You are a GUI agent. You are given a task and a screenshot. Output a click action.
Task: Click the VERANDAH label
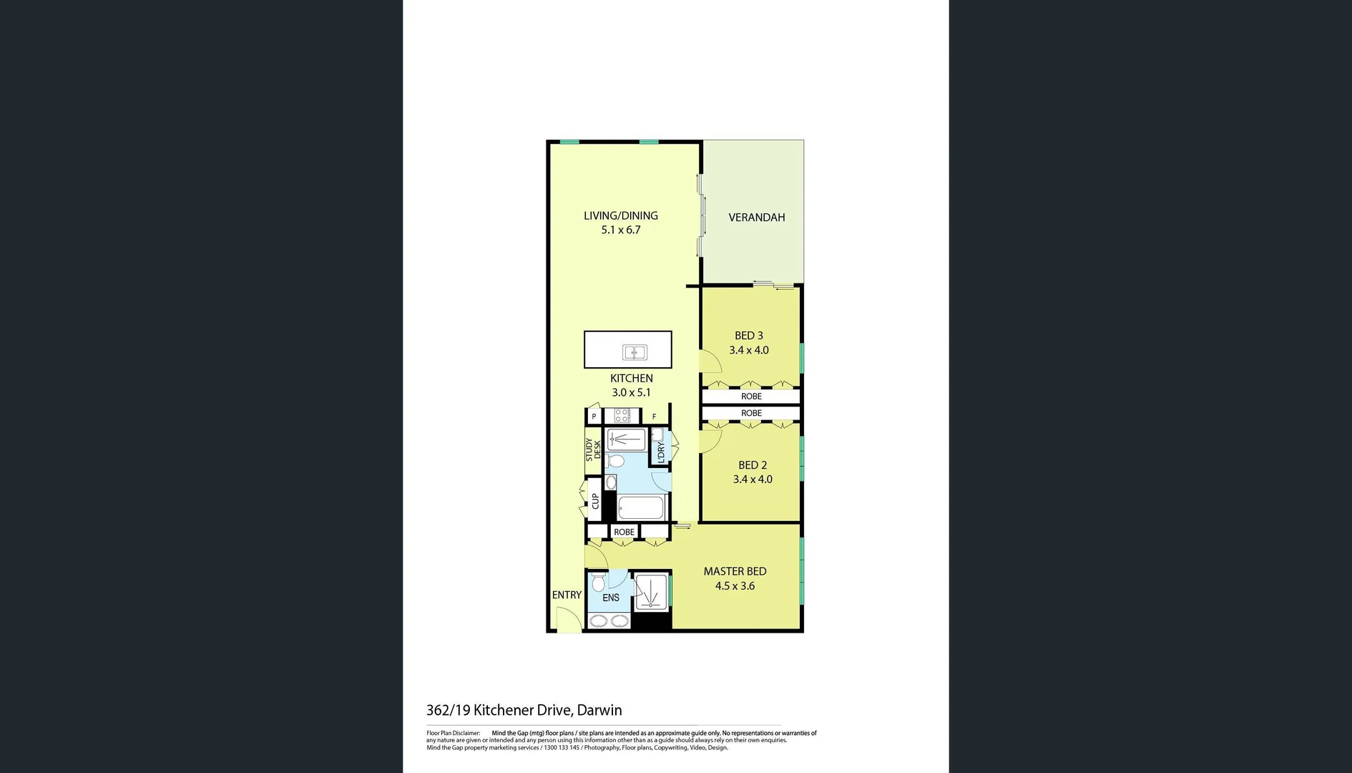click(756, 218)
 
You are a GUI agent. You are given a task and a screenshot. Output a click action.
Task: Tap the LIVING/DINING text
click(620, 215)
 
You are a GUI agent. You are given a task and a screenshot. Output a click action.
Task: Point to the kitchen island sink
click(635, 352)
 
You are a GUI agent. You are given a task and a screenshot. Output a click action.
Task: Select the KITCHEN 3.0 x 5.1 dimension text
click(631, 393)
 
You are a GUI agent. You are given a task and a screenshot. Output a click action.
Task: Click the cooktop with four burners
click(622, 415)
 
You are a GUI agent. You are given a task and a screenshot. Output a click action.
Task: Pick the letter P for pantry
click(594, 417)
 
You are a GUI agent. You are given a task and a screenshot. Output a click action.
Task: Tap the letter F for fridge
click(654, 417)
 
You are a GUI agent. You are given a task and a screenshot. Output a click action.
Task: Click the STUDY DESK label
click(593, 449)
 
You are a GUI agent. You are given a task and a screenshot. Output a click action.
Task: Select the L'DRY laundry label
click(660, 452)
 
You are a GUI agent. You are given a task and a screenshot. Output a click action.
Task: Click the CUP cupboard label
click(594, 501)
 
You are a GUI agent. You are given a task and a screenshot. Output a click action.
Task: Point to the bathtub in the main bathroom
click(642, 508)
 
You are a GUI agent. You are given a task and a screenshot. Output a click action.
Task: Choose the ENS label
click(611, 598)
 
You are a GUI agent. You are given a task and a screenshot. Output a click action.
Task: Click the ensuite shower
click(651, 592)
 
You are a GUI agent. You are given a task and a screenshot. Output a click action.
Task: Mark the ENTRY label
click(567, 595)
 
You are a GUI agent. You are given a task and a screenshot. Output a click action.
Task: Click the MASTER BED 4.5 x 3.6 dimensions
click(735, 586)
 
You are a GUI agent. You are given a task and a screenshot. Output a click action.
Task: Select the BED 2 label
click(753, 465)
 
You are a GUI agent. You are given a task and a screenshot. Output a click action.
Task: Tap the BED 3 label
click(748, 336)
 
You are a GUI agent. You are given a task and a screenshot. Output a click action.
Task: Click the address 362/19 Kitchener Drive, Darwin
click(524, 710)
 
